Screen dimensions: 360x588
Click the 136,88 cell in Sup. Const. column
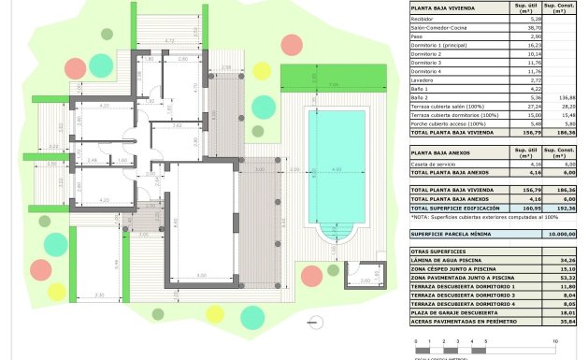tap(565, 96)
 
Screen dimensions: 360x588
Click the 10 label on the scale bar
tap(556, 342)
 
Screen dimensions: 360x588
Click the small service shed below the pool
tap(359, 273)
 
